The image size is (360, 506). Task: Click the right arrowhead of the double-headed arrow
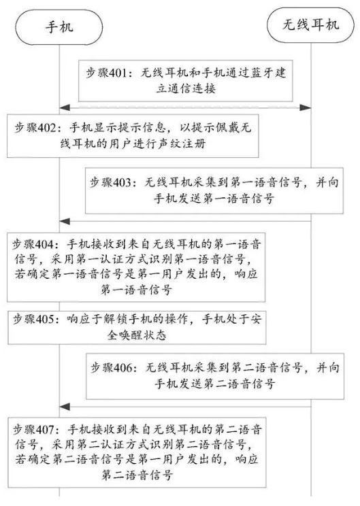pyautogui.click(x=305, y=107)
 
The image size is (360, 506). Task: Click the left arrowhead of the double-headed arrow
pyautogui.click(x=65, y=107)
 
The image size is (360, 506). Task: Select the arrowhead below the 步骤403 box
pyautogui.click(x=65, y=222)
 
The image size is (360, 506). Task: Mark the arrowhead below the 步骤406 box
pyautogui.click(x=65, y=407)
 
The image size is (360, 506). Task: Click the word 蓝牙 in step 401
pyautogui.click(x=259, y=73)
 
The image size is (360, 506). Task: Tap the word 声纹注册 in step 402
pyautogui.click(x=182, y=144)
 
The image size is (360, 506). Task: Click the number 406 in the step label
pyautogui.click(x=121, y=367)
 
